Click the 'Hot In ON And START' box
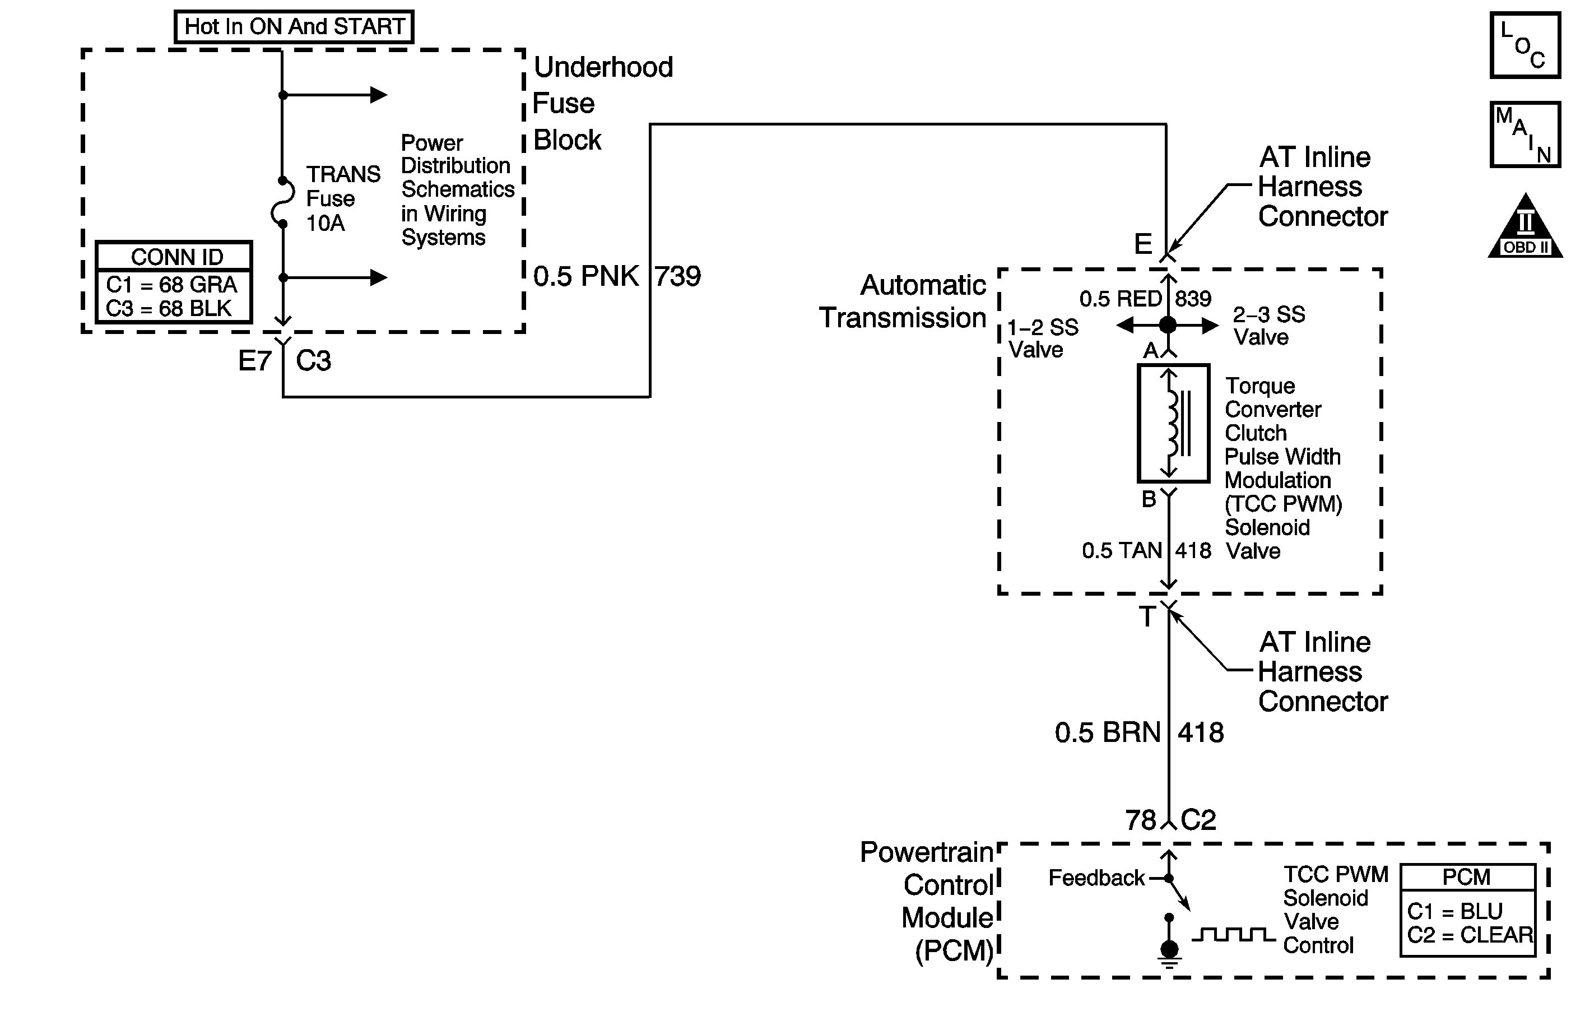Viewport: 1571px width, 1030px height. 294,27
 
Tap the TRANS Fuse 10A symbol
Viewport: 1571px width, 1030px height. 283,202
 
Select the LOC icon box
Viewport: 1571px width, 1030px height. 1525,45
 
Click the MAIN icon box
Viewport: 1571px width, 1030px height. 1525,134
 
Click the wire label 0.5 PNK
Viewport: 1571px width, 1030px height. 585,276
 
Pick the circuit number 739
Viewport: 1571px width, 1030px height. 678,276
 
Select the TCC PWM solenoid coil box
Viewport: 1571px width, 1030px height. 1173,423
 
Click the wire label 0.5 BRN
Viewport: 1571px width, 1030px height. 1107,733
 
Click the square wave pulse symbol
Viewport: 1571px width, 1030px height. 1233,935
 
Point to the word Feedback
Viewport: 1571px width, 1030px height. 1096,878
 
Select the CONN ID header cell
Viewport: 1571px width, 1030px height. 176,256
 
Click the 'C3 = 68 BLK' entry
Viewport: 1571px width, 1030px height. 169,308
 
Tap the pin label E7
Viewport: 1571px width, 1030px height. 255,361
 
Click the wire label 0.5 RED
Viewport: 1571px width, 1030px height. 1120,299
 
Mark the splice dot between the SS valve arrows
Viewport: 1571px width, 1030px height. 1168,325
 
